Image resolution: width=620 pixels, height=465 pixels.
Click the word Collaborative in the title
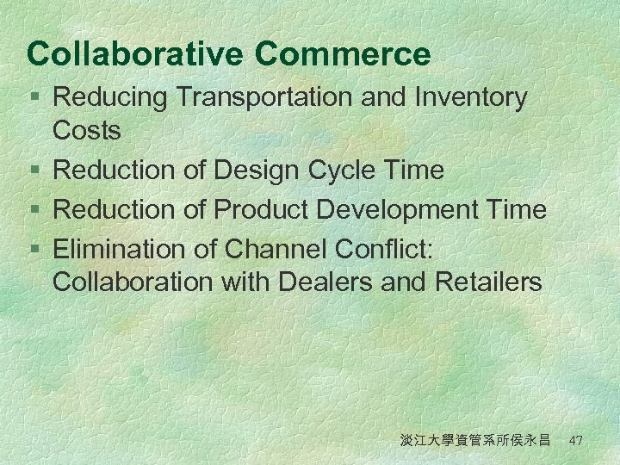tap(136, 54)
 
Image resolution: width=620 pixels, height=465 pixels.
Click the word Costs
tap(87, 131)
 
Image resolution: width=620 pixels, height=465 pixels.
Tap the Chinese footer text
tap(475, 441)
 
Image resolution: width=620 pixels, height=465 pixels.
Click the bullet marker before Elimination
tap(34, 250)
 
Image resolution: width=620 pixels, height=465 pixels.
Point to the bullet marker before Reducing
tap(34, 99)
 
